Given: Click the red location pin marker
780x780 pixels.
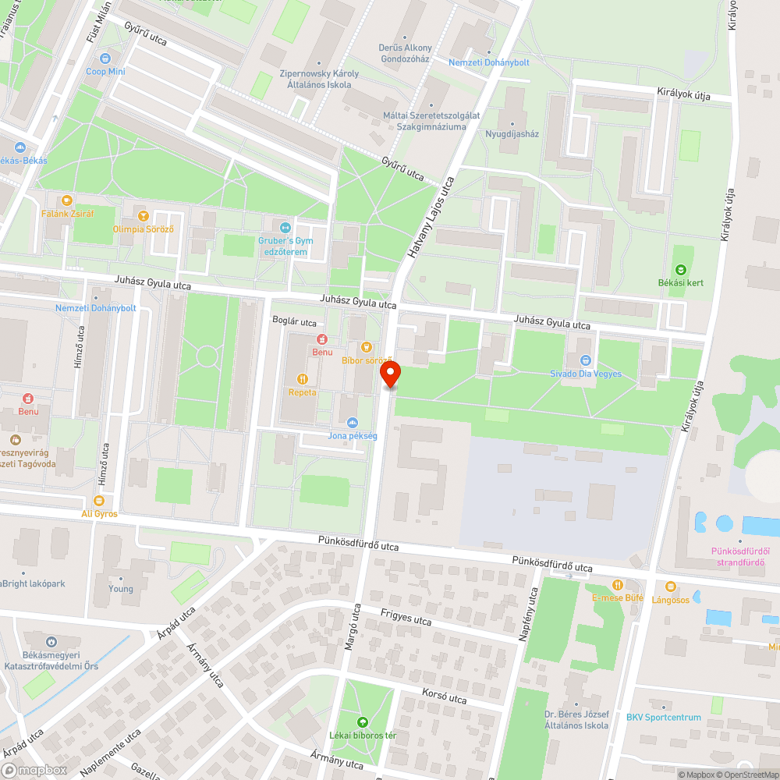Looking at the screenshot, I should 390,375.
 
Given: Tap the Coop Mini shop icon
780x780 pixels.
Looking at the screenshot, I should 105,58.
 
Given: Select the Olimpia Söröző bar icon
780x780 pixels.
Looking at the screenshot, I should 142,215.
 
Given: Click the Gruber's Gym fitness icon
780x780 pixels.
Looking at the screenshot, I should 285,228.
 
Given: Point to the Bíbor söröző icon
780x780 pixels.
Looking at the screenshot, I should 367,347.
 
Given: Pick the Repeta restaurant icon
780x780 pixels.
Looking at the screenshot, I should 303,379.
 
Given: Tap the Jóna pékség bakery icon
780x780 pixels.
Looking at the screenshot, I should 353,422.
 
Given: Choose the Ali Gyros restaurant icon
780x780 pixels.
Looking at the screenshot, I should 99,501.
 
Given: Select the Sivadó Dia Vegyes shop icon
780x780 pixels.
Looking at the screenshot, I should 585,360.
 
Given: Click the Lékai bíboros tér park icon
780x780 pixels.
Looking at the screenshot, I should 361,722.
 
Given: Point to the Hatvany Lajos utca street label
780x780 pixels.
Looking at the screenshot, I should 430,218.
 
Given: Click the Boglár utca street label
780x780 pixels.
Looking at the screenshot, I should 294,321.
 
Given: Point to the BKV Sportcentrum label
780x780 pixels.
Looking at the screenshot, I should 663,718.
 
